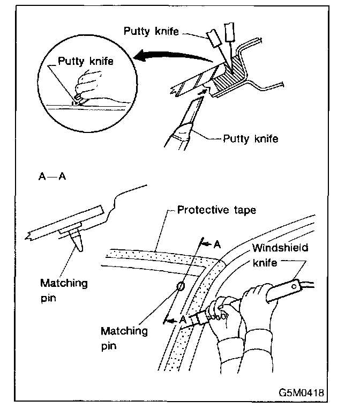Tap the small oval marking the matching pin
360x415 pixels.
181,286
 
